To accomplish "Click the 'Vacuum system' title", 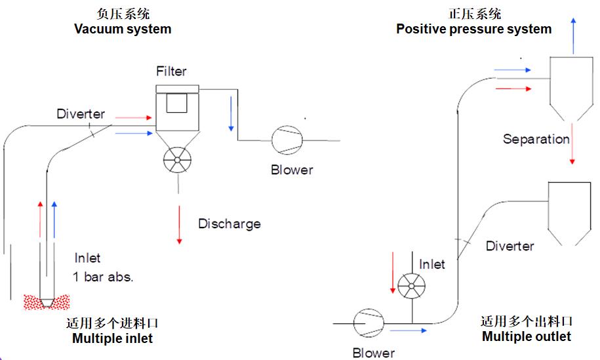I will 123,29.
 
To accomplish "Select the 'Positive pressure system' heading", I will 473,29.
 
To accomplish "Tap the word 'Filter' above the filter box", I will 171,71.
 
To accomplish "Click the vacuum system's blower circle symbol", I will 287,139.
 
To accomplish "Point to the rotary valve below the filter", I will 177,159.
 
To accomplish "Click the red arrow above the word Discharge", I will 178,223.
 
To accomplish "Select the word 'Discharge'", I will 230,224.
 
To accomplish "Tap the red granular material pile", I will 46,302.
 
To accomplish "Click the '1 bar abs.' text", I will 104,277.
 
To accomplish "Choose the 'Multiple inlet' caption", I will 112,338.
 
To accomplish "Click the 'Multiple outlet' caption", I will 527,336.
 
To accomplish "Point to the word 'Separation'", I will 536,139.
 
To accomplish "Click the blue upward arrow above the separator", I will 574,36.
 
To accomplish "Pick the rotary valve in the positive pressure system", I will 411,284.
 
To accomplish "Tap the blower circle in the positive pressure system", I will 367,323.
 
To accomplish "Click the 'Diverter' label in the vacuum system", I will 81,114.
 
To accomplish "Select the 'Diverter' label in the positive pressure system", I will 510,247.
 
